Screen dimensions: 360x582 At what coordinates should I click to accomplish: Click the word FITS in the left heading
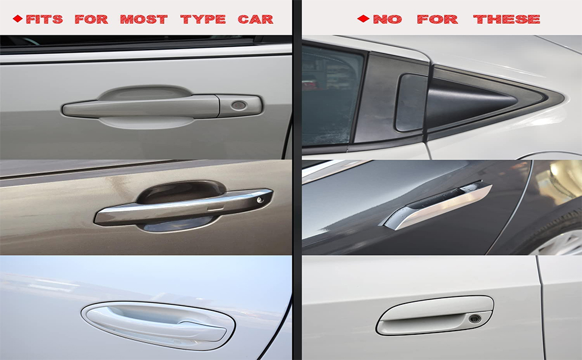pyautogui.click(x=44, y=19)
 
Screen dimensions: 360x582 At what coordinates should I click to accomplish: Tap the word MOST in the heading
pyautogui.click(x=143, y=19)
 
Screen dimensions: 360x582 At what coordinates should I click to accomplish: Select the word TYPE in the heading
pyautogui.click(x=203, y=19)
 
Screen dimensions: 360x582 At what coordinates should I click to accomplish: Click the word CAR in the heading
pyautogui.click(x=256, y=19)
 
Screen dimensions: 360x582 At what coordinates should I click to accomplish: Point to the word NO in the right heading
pyautogui.click(x=387, y=19)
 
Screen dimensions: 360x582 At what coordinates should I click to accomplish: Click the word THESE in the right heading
pyautogui.click(x=506, y=19)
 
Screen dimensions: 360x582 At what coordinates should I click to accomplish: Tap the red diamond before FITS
pyautogui.click(x=17, y=19)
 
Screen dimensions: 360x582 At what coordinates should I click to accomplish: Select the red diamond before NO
pyautogui.click(x=362, y=19)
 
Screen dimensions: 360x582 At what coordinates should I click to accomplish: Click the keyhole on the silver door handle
pyautogui.click(x=239, y=106)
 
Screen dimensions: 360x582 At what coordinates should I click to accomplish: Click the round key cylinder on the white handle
pyautogui.click(x=475, y=318)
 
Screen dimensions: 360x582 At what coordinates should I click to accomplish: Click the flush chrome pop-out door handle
pyautogui.click(x=438, y=206)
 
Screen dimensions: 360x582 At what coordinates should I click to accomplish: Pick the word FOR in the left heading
pyautogui.click(x=91, y=19)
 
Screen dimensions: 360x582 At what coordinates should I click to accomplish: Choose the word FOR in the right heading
pyautogui.click(x=437, y=19)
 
